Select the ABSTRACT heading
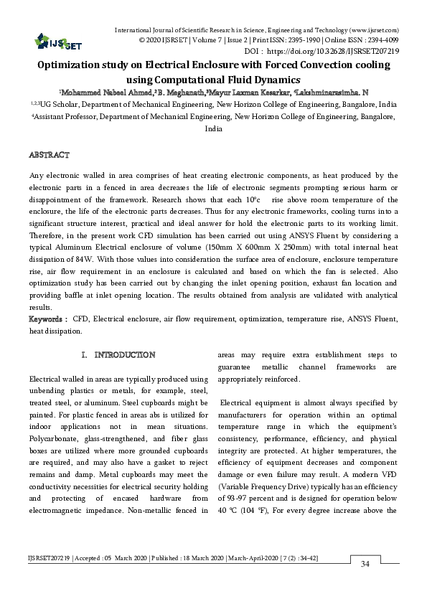[49, 155]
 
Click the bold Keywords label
[47, 318]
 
